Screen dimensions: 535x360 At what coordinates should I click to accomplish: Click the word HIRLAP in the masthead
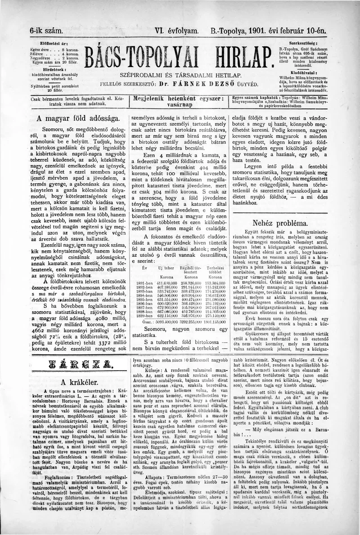point(237,56)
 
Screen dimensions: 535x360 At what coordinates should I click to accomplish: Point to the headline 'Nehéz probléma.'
point(280,222)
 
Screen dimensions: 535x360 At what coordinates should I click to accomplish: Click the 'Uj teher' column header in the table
point(166,267)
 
